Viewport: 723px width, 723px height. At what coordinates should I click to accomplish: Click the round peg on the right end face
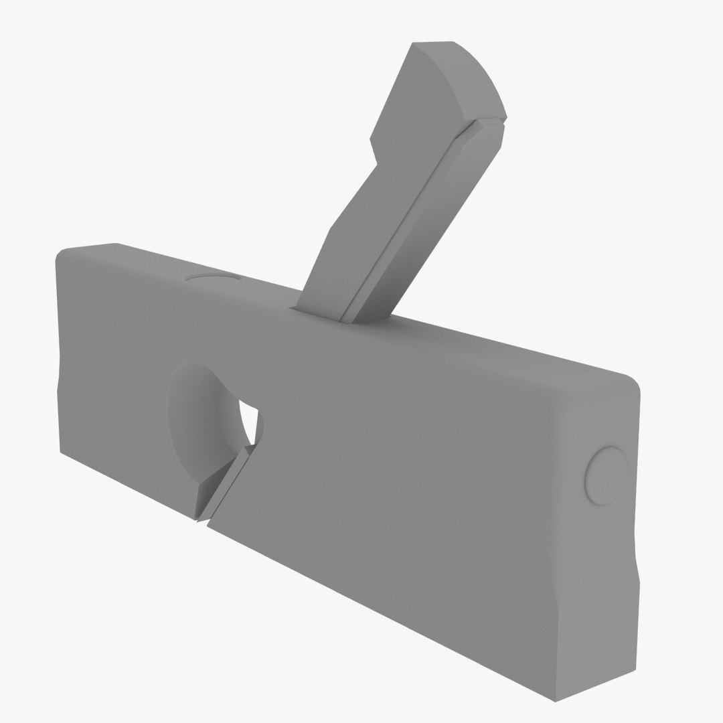[606, 475]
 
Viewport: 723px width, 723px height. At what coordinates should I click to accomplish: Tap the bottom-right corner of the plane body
[556, 700]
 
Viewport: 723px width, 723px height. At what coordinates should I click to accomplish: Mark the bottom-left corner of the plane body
[62, 451]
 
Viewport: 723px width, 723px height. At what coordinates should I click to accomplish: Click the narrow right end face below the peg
[596, 602]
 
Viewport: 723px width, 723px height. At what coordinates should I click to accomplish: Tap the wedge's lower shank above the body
[328, 268]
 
